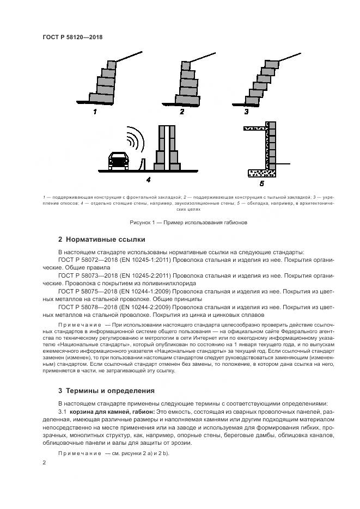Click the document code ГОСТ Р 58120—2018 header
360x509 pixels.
click(72, 38)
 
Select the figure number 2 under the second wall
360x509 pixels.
click(182, 112)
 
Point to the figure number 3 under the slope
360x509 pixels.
click(246, 112)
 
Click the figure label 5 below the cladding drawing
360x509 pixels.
click(262, 184)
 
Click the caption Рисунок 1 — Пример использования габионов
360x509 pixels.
click(188, 223)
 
